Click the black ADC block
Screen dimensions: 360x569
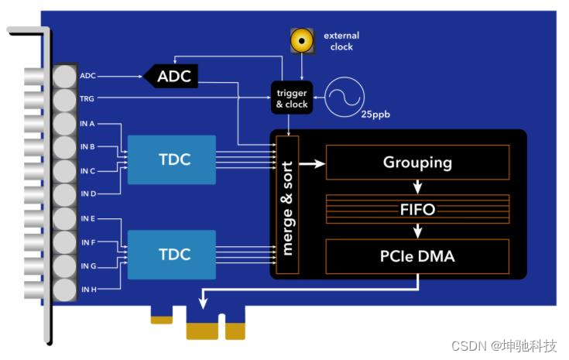173,76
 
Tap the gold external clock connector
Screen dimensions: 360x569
302,39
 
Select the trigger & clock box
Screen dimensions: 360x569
292,98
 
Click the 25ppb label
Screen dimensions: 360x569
373,115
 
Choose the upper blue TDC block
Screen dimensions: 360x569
171,159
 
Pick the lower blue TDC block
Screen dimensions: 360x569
171,255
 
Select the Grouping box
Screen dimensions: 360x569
417,163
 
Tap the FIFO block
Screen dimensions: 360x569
417,209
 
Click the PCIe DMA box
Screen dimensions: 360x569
417,256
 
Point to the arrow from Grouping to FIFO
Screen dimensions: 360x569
417,187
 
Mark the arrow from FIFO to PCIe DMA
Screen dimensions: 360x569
417,231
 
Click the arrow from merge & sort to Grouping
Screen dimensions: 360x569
312,163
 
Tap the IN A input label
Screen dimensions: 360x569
87,123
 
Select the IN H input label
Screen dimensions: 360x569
87,290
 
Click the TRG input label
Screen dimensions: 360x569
86,99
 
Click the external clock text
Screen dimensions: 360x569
341,41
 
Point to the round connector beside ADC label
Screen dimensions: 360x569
65,76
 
